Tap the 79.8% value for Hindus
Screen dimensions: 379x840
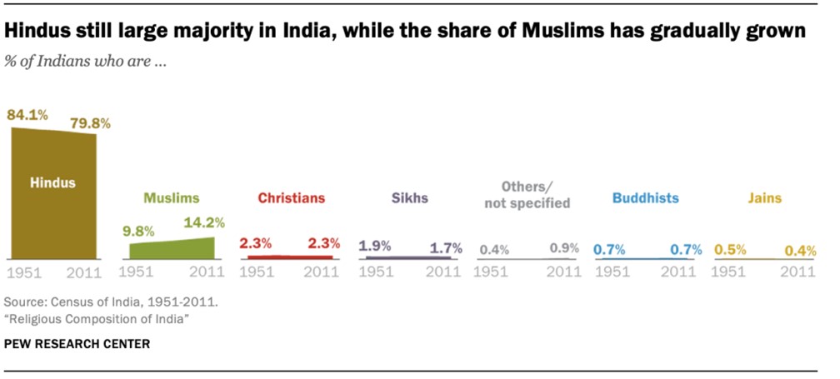[91, 123]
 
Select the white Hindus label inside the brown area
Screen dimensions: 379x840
[52, 182]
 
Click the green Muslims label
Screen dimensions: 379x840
[172, 198]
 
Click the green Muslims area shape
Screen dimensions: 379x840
[172, 248]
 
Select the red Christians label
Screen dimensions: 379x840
[291, 198]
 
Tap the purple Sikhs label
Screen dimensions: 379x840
[409, 198]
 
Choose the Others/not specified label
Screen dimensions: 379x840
[528, 195]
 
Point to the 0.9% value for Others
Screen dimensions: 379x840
[564, 248]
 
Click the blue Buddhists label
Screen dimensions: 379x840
[645, 198]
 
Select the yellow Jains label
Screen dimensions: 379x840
[765, 198]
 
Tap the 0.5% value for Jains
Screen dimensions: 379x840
[730, 248]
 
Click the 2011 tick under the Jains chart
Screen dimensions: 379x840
[799, 272]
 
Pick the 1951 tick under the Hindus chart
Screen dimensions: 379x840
[24, 272]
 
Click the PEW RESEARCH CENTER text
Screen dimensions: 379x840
[77, 343]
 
